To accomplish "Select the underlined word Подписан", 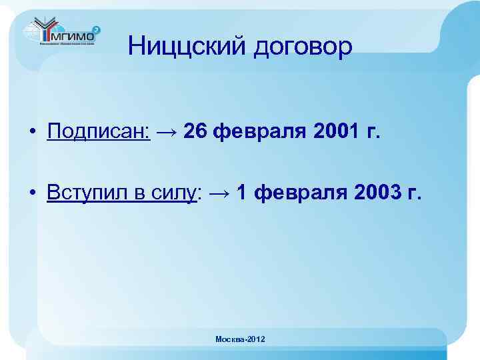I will click(99, 132).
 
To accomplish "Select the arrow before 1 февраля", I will click(221, 193).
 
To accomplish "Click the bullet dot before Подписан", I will click(32, 132).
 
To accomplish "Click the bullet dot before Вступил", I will click(32, 193).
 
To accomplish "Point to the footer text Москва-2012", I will click(240, 340).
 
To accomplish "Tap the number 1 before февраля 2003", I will click(243, 193).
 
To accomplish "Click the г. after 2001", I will click(372, 132).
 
